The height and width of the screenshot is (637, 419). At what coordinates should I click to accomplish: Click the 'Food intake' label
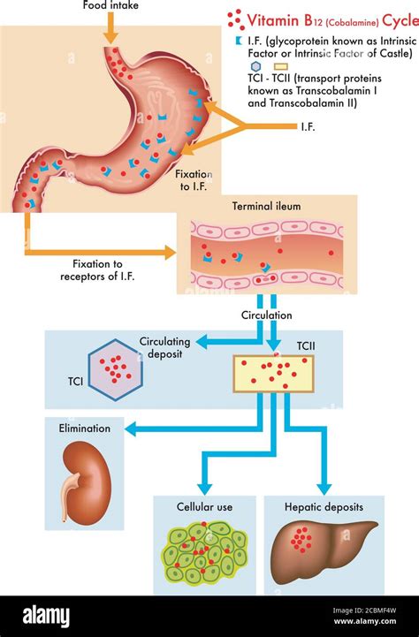[110, 5]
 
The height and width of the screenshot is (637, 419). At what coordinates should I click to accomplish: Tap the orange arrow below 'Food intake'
[110, 28]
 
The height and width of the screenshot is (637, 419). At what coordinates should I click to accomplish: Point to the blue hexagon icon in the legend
[231, 66]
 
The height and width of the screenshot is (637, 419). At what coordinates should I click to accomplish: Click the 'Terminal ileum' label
[266, 206]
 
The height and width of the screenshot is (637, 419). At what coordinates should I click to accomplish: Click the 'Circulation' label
[266, 315]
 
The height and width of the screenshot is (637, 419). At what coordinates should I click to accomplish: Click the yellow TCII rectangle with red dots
[273, 374]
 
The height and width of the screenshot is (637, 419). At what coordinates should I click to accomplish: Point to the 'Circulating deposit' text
[165, 347]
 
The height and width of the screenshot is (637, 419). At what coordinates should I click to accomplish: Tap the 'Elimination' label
[86, 428]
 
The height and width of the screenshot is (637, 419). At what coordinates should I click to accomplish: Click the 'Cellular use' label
[204, 507]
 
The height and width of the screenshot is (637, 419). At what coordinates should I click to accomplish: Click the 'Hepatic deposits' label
[324, 507]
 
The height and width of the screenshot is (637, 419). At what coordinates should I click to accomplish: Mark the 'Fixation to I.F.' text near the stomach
[195, 181]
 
